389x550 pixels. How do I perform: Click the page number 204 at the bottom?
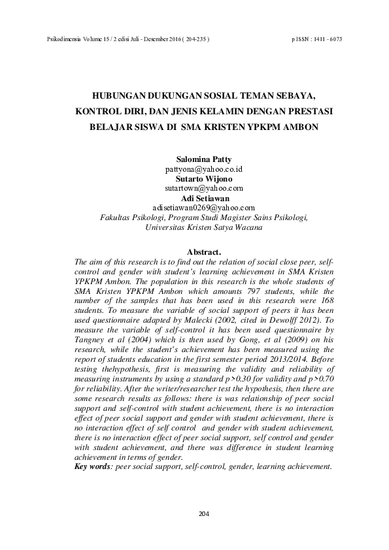click(x=203, y=515)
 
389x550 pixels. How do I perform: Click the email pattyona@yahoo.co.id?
click(x=203, y=169)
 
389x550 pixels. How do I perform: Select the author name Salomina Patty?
click(x=203, y=159)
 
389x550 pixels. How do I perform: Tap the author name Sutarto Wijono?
click(x=203, y=178)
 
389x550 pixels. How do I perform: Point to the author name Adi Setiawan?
click(x=203, y=198)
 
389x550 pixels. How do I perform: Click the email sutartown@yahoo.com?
click(x=203, y=187)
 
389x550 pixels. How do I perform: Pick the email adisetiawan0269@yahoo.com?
click(x=203, y=208)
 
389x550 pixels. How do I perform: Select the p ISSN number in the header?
click(x=316, y=39)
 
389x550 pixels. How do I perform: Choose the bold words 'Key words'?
click(x=92, y=466)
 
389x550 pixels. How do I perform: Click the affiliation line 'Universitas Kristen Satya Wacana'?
click(x=203, y=228)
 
